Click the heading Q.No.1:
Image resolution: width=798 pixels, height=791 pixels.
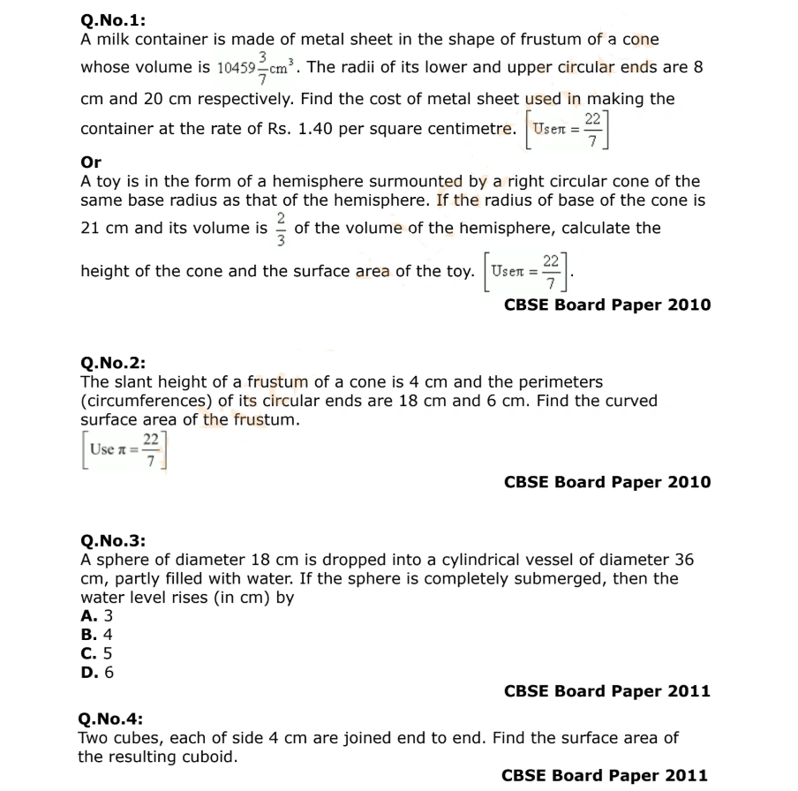click(113, 22)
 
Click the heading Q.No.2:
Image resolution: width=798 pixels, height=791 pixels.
click(113, 363)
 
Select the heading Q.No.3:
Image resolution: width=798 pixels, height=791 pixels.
click(113, 540)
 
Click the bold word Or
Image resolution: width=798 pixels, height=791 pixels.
click(91, 162)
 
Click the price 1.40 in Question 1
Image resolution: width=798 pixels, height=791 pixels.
click(316, 129)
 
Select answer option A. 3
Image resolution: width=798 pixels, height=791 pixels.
click(97, 615)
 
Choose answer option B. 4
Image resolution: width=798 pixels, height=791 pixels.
click(97, 634)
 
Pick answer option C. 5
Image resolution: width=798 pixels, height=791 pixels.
click(97, 653)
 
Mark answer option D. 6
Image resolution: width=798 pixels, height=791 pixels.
click(97, 672)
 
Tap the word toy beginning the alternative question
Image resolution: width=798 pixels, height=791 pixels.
click(108, 182)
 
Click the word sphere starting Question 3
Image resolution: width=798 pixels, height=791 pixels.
click(120, 560)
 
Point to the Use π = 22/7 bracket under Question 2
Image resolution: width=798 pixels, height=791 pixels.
click(124, 450)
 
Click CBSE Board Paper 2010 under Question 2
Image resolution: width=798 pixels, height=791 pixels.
click(606, 482)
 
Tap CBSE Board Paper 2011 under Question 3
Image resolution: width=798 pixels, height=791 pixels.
click(606, 691)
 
